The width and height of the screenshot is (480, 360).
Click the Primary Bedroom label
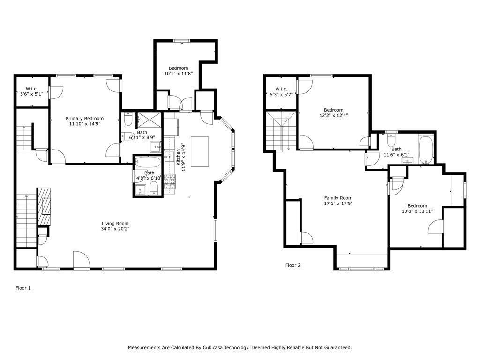tap(84, 119)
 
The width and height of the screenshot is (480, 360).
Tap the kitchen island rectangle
tap(199, 151)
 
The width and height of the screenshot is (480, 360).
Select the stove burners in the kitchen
tap(170, 183)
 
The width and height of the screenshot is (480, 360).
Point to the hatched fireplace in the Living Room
tap(45, 207)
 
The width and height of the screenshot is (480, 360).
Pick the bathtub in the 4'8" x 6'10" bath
tap(147, 162)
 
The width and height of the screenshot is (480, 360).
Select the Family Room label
tap(338, 198)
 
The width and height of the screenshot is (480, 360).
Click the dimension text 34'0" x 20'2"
tap(115, 229)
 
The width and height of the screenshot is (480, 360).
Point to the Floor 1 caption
tap(23, 288)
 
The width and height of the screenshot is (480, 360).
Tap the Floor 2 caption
tap(293, 265)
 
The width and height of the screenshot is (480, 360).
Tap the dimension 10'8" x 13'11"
tap(417, 211)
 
